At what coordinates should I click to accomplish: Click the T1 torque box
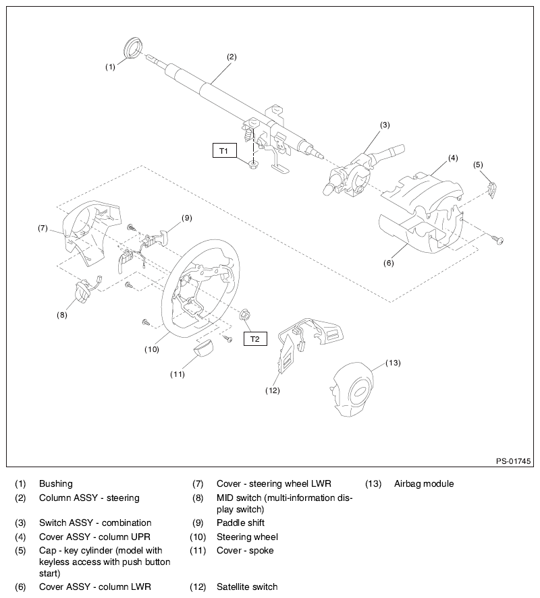click(x=224, y=150)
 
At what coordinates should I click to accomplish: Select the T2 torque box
click(x=254, y=338)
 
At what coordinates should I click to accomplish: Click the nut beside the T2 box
click(x=245, y=313)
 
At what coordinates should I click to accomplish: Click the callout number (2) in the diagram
click(x=232, y=57)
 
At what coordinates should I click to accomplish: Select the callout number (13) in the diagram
click(x=393, y=363)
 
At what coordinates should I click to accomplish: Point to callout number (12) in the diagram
click(x=273, y=390)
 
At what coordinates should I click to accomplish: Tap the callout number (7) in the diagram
click(x=42, y=228)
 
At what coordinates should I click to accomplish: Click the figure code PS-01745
click(x=513, y=461)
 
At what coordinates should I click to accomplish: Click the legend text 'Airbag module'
click(x=423, y=483)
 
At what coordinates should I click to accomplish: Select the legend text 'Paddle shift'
click(x=240, y=522)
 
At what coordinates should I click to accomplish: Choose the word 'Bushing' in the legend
click(x=56, y=483)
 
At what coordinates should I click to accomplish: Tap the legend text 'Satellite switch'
click(x=247, y=587)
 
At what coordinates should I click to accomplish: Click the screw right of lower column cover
click(x=500, y=239)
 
